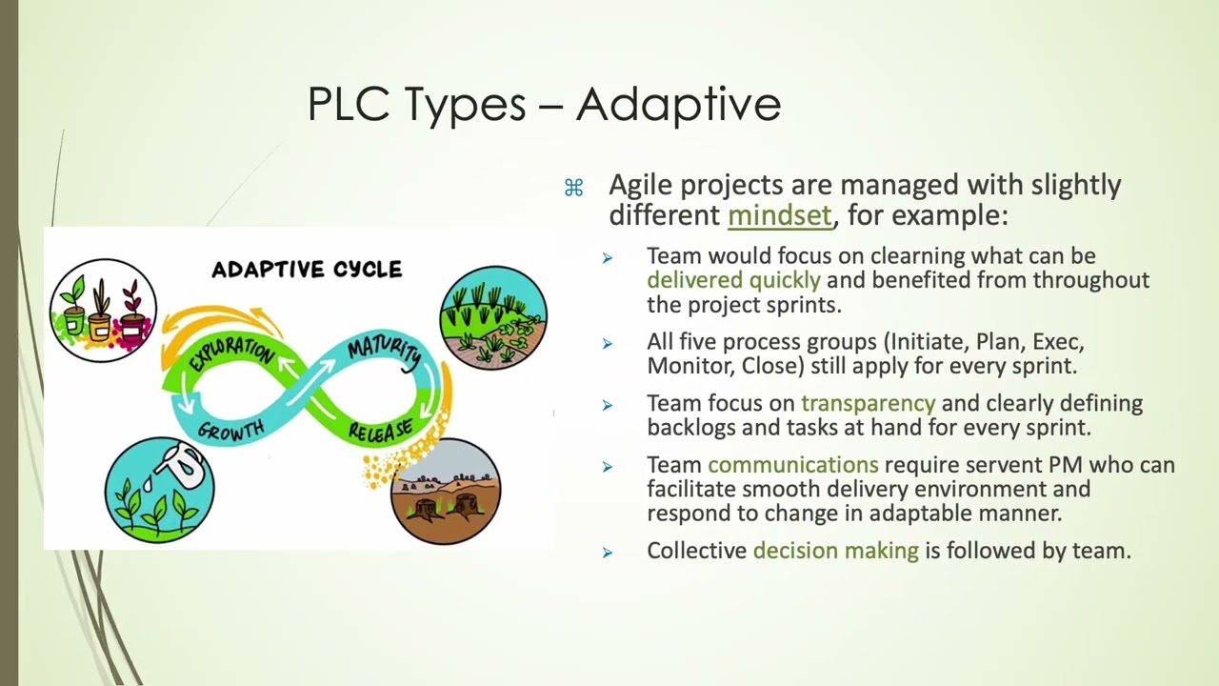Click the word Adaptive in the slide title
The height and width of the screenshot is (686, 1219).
[678, 104]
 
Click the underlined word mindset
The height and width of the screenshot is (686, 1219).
[779, 215]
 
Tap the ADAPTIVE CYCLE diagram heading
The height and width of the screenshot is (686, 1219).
[307, 270]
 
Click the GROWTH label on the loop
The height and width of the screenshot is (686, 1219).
[231, 431]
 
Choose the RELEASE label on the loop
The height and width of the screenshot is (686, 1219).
[380, 431]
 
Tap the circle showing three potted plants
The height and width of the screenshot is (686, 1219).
[103, 310]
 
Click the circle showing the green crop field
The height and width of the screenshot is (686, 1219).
[493, 318]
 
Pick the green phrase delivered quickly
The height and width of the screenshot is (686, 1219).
[733, 280]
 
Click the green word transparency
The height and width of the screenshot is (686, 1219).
[868, 404]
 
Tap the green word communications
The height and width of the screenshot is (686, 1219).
[792, 465]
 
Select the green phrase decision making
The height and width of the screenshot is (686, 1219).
[835, 551]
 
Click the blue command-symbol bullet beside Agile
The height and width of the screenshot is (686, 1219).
[573, 189]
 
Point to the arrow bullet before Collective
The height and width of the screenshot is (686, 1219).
[608, 552]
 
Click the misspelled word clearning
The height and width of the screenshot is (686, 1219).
[917, 256]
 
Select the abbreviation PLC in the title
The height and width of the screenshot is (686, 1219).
[349, 104]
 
